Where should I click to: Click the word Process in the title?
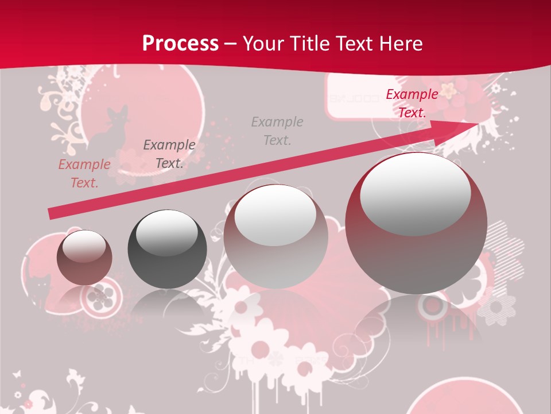(x=180, y=44)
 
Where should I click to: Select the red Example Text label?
(x=412, y=103)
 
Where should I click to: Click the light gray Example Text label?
(x=277, y=131)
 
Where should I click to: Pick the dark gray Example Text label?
(x=169, y=154)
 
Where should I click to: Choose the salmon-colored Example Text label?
(x=84, y=174)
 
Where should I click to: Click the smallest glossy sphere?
(x=84, y=258)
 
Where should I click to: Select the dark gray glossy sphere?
(x=166, y=249)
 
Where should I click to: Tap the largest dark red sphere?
(x=416, y=224)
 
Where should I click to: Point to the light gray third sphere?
(x=275, y=236)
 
